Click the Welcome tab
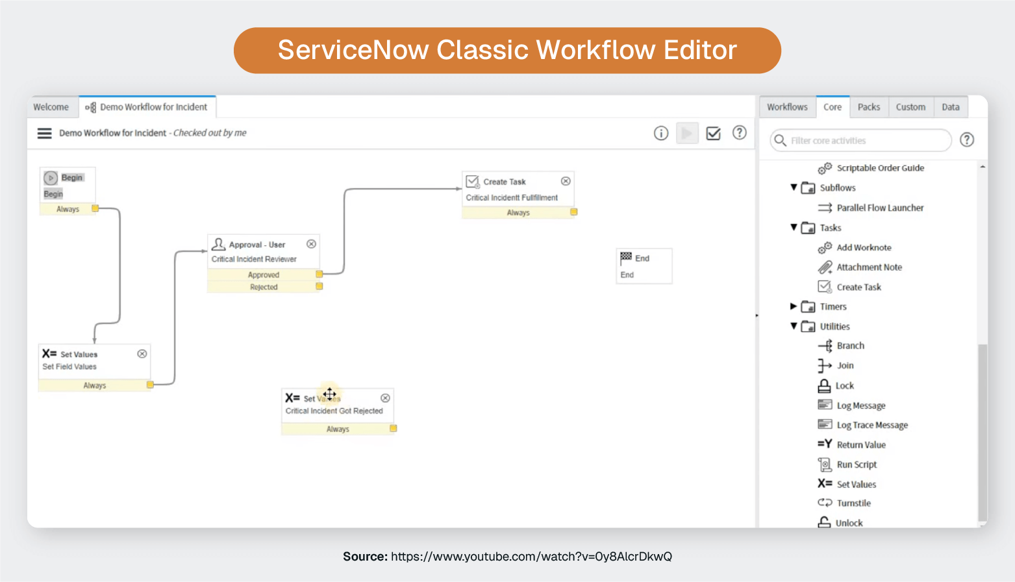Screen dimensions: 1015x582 [x=51, y=107]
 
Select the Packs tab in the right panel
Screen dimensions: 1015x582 [x=868, y=107]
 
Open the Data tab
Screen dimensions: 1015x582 [x=950, y=107]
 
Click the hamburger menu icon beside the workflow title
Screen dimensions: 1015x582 [x=44, y=133]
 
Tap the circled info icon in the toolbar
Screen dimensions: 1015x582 [x=660, y=133]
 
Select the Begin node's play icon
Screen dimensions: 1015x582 [x=51, y=178]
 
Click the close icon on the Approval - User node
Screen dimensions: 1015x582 [x=311, y=244]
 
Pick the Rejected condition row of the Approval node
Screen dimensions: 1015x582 [x=264, y=287]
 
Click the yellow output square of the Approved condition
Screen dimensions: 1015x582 [x=320, y=274]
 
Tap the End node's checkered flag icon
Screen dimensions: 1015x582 [x=626, y=257]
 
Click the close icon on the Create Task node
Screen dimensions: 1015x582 [x=566, y=181]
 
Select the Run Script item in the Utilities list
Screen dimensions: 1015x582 [x=856, y=465]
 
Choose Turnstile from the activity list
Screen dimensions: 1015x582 [x=853, y=503]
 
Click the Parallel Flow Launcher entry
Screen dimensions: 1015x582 [x=879, y=208]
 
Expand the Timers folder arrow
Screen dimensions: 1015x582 [x=793, y=306]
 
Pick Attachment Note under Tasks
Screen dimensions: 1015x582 [x=869, y=267]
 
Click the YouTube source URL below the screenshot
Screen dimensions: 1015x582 [x=531, y=557]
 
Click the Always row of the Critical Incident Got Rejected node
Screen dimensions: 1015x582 [x=338, y=429]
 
